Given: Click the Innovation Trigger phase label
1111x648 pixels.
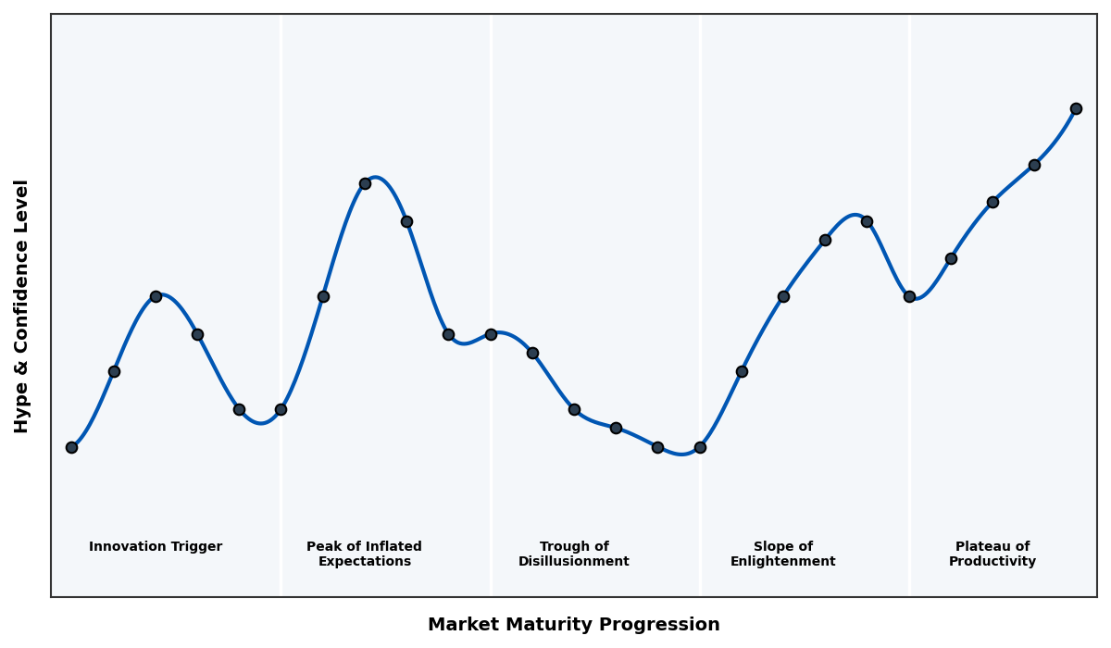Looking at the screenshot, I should click(x=156, y=547).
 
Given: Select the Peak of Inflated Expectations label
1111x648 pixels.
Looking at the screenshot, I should click(x=364, y=554).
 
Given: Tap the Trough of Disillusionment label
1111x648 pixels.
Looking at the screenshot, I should click(x=574, y=554).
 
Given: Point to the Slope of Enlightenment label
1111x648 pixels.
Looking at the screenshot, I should click(x=783, y=554).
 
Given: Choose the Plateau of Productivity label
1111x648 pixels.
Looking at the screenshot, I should click(x=992, y=554).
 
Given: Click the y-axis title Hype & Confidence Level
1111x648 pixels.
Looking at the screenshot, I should click(x=22, y=305).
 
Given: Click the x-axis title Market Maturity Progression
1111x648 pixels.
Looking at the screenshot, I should click(x=574, y=625).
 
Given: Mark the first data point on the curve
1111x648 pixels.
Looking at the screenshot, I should click(x=71, y=447).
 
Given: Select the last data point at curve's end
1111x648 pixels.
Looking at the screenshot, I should click(x=1076, y=108).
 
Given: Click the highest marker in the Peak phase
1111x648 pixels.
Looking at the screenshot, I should click(x=365, y=183).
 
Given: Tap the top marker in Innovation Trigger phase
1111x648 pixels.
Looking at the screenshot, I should click(x=156, y=296).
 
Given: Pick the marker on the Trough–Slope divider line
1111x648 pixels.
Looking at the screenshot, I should click(x=700, y=447).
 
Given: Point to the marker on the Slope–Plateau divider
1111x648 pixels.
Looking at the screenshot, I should click(x=909, y=296).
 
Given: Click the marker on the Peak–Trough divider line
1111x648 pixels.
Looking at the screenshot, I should click(x=491, y=334).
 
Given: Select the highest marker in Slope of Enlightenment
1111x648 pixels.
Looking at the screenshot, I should click(x=867, y=221).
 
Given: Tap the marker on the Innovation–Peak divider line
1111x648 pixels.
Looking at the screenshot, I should click(x=281, y=409).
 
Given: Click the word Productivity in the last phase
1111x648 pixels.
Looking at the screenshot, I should click(x=992, y=562).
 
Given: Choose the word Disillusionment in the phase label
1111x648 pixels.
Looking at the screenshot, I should click(x=574, y=562).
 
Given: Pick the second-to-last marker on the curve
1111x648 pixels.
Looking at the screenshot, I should click(x=1034, y=165).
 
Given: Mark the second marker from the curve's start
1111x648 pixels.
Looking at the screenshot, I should click(x=114, y=371).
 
